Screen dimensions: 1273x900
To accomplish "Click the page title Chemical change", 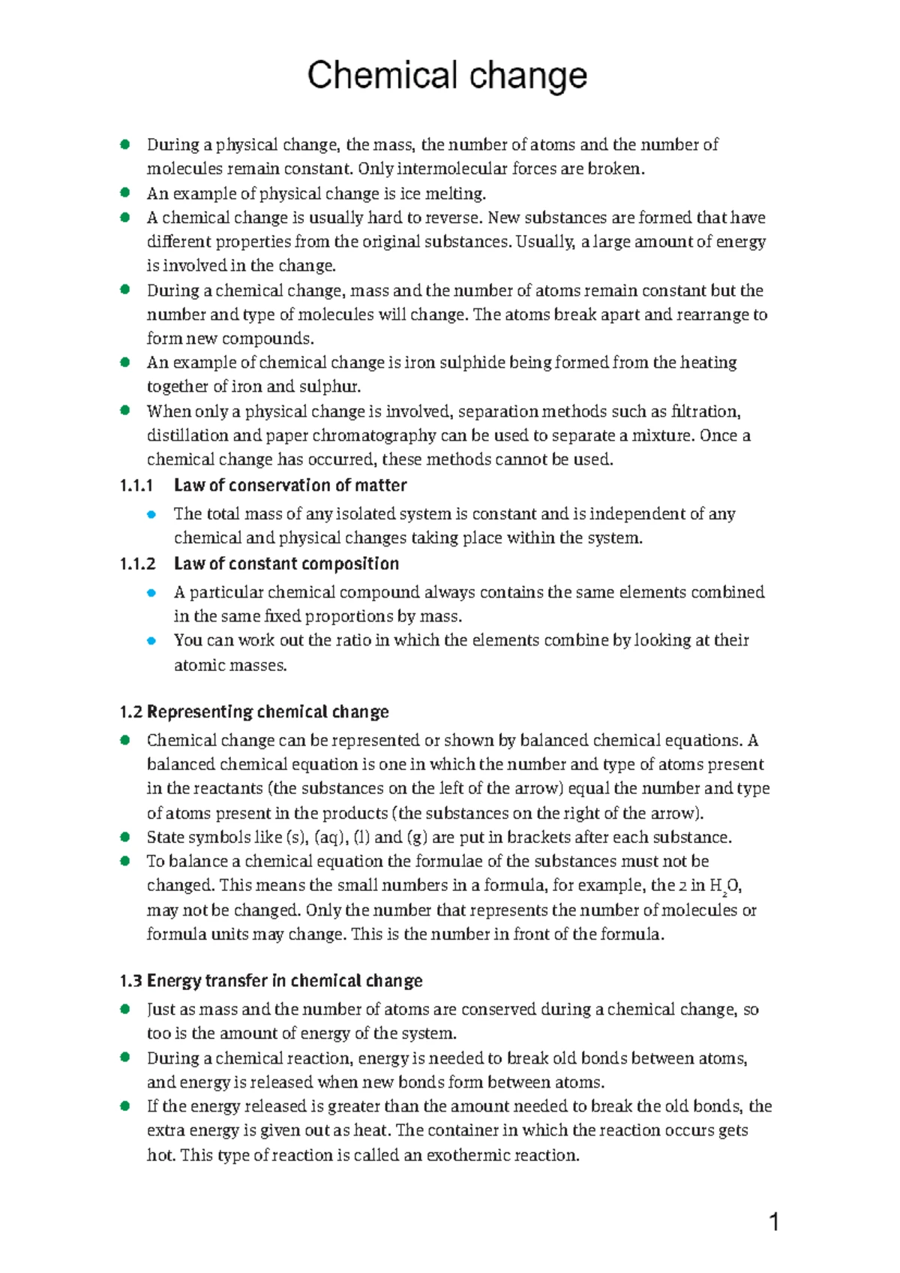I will [x=447, y=76].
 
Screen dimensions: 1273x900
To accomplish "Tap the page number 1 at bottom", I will [x=774, y=1223].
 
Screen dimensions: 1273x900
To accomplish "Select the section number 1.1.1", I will [x=136, y=486].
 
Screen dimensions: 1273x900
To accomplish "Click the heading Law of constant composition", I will [x=286, y=564].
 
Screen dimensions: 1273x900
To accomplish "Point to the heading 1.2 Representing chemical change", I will [x=254, y=712].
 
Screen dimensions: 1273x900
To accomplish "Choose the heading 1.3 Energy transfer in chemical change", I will [x=271, y=981].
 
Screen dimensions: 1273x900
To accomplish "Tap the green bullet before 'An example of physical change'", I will [x=125, y=193].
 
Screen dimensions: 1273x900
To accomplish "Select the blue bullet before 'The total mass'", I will [x=151, y=514].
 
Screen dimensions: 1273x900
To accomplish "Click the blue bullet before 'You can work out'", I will [x=151, y=641].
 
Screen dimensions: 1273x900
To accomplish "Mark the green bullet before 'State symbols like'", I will [x=125, y=837].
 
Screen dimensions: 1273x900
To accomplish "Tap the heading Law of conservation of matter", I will [x=290, y=486].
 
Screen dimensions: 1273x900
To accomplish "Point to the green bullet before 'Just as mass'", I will [x=125, y=1010].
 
